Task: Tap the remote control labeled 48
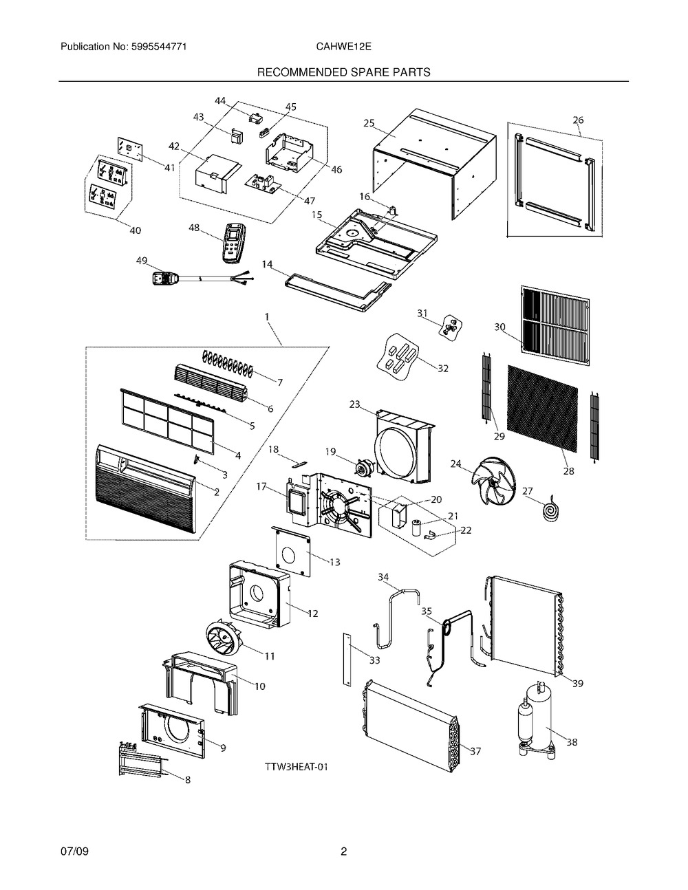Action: click(x=233, y=243)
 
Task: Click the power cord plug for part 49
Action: click(x=164, y=279)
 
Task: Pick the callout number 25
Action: click(x=369, y=123)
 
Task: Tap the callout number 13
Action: click(x=334, y=562)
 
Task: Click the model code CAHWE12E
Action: click(x=343, y=47)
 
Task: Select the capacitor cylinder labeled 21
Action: click(x=416, y=528)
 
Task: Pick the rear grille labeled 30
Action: click(x=555, y=325)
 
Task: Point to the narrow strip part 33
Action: click(x=347, y=659)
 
